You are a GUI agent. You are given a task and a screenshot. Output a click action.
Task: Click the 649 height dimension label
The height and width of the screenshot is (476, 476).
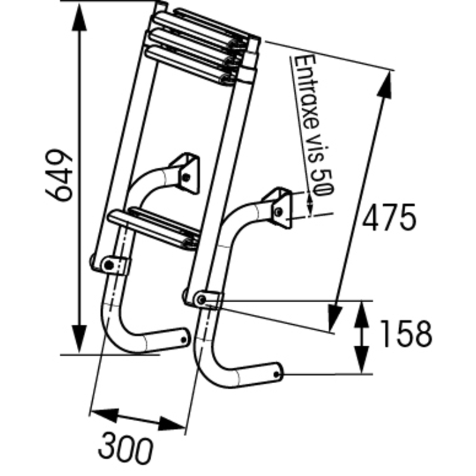coord(59,175)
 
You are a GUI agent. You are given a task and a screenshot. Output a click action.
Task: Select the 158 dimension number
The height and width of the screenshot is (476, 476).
coord(405,334)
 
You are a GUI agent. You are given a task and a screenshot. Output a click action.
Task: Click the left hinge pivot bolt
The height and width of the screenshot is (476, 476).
coord(108,264)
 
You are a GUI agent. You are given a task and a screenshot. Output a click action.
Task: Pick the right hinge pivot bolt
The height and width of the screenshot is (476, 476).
coord(202,299)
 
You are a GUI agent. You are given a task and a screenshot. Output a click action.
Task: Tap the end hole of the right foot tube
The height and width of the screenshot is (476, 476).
coord(278,374)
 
